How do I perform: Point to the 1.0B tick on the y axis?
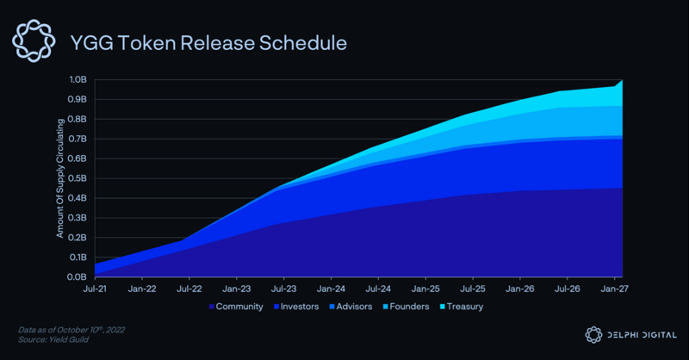(x=79, y=79)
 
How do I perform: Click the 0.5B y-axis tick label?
(x=79, y=178)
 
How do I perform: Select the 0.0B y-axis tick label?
(x=79, y=277)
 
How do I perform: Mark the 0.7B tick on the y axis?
(x=79, y=139)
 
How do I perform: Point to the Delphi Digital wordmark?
(x=641, y=335)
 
